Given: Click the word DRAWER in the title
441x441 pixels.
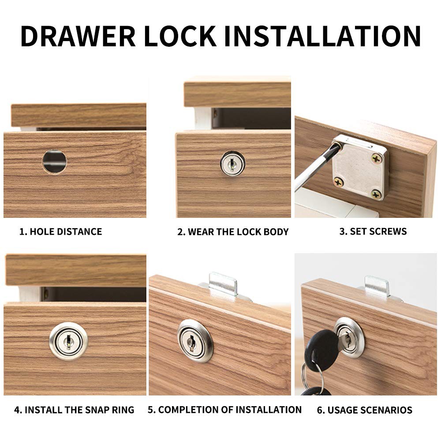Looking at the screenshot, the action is tap(78, 36).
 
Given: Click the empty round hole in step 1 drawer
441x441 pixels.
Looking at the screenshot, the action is tap(55, 161).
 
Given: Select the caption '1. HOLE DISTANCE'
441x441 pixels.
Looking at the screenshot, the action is tap(60, 232).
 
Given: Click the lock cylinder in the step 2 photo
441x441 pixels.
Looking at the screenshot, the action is tap(232, 164).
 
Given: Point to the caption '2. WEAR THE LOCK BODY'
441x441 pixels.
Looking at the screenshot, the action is tap(233, 232).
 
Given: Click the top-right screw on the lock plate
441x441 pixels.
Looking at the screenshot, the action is tap(377, 159).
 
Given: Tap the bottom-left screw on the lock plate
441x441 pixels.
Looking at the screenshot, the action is tap(339, 183).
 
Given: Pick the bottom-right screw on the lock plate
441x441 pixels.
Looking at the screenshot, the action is tap(376, 194).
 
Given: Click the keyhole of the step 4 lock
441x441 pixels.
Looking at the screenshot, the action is tap(68, 341).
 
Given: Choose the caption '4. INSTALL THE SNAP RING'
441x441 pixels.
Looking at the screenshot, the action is tap(74, 410).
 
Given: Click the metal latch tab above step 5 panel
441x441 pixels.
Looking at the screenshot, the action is tap(223, 284).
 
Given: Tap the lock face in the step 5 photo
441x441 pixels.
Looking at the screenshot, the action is tap(194, 341).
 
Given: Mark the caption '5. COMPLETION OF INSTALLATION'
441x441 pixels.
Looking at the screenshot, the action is tap(224, 410).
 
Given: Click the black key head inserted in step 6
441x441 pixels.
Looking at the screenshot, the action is tap(323, 347).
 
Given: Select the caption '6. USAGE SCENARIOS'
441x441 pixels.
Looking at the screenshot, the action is tap(365, 410).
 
